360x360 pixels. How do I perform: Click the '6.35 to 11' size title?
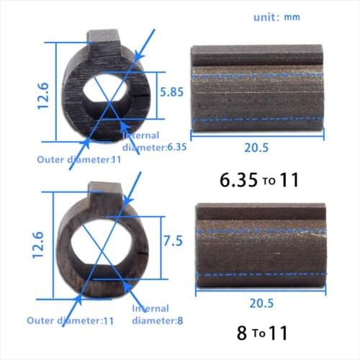[258, 180]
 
